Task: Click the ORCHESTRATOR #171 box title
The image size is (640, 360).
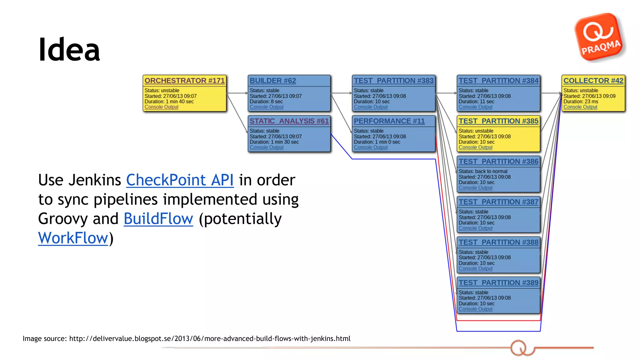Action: (x=184, y=81)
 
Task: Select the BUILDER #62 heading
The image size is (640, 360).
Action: (x=272, y=81)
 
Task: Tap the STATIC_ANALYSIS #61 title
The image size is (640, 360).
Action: (x=289, y=121)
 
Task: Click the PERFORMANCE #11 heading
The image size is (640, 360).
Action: (x=389, y=121)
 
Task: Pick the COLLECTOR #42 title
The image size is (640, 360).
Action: (x=593, y=81)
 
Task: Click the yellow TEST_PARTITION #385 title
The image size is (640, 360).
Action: (x=498, y=121)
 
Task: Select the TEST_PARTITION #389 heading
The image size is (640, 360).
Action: (x=498, y=282)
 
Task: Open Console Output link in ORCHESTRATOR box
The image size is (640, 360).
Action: (x=161, y=107)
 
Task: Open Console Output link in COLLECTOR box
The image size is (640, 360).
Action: (x=580, y=107)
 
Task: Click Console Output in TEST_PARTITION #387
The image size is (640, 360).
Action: (x=475, y=228)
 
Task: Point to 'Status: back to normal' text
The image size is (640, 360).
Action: (x=483, y=171)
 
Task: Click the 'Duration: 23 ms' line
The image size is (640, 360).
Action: (x=581, y=102)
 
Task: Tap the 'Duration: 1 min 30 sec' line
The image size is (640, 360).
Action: (x=274, y=142)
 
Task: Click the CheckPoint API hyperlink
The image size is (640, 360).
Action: (x=180, y=180)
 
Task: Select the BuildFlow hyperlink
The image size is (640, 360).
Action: (x=158, y=219)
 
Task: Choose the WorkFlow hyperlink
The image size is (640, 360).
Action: (x=73, y=238)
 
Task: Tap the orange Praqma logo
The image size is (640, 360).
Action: (x=599, y=37)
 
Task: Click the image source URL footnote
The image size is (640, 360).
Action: (x=186, y=338)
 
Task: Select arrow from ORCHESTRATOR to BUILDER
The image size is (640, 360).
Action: (x=237, y=93)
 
